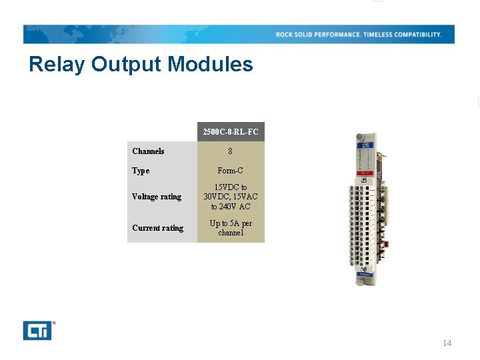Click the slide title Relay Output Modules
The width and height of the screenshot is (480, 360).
coord(141,65)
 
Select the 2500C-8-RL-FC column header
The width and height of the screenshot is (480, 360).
coord(231,132)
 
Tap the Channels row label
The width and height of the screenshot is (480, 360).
coord(148,151)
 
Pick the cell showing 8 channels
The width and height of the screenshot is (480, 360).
coord(231,151)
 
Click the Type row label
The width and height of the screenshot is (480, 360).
coord(141,171)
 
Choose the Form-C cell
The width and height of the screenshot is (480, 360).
coord(231,171)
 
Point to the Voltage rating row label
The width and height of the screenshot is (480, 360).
coord(157,197)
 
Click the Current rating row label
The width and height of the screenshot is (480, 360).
coord(157,228)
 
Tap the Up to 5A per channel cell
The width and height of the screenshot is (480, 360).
coord(231,228)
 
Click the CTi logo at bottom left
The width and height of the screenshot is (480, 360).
coord(38,330)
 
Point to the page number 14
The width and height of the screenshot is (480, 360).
coord(447,343)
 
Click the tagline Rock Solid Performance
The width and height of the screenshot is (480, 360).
coord(318,35)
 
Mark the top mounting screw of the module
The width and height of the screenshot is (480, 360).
coord(359,138)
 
